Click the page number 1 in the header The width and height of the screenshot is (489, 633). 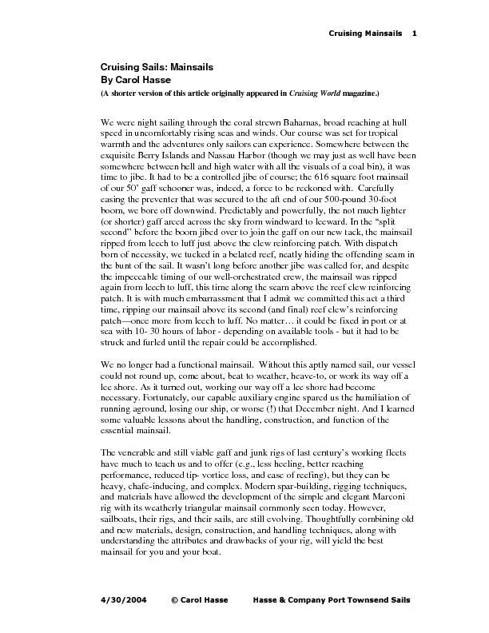(x=415, y=33)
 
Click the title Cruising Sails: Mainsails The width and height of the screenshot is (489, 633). (x=156, y=69)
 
